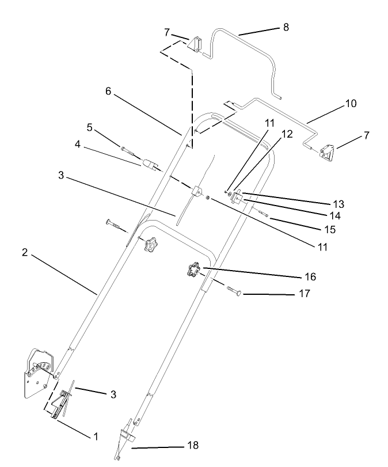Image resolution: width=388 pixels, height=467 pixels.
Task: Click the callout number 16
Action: (310, 277)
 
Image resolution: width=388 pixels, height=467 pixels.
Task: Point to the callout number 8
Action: (286, 27)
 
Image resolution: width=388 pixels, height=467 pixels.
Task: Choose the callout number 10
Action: (351, 104)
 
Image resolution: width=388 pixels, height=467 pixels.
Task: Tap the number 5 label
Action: (89, 126)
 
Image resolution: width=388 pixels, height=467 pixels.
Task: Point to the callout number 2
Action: (25, 253)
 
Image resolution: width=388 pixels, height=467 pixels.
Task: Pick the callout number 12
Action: (287, 134)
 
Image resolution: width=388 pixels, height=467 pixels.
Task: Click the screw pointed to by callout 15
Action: (263, 214)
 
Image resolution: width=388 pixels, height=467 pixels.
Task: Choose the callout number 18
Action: (193, 446)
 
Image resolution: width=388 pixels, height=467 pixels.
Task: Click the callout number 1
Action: (96, 436)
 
